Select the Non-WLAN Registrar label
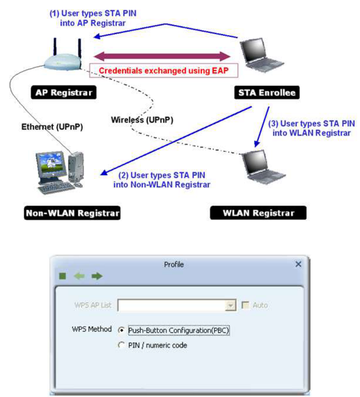(x=72, y=213)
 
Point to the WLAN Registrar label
(x=259, y=213)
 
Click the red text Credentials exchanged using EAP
(x=164, y=70)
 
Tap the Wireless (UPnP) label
(x=142, y=120)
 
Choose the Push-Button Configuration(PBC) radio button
(x=122, y=330)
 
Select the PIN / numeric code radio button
(x=122, y=345)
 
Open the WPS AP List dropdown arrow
(x=231, y=306)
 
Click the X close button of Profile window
(x=298, y=264)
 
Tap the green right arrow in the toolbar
(x=97, y=276)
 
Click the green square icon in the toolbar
(x=63, y=276)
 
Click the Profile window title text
(x=174, y=264)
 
